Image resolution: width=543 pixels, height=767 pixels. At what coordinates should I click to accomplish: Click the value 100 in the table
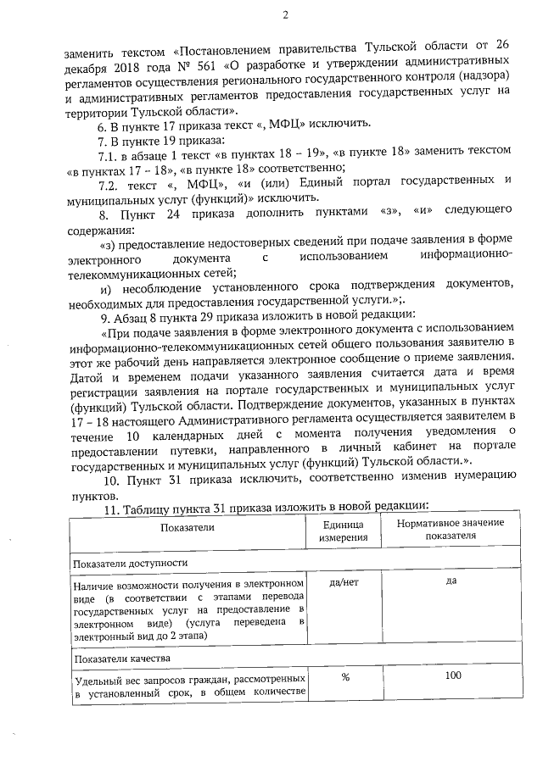451,675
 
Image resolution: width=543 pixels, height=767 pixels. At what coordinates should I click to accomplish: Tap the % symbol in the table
345,676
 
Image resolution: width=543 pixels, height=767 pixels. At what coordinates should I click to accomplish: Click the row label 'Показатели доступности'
130,563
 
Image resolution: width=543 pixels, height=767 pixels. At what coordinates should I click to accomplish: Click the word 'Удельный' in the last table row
98,681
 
